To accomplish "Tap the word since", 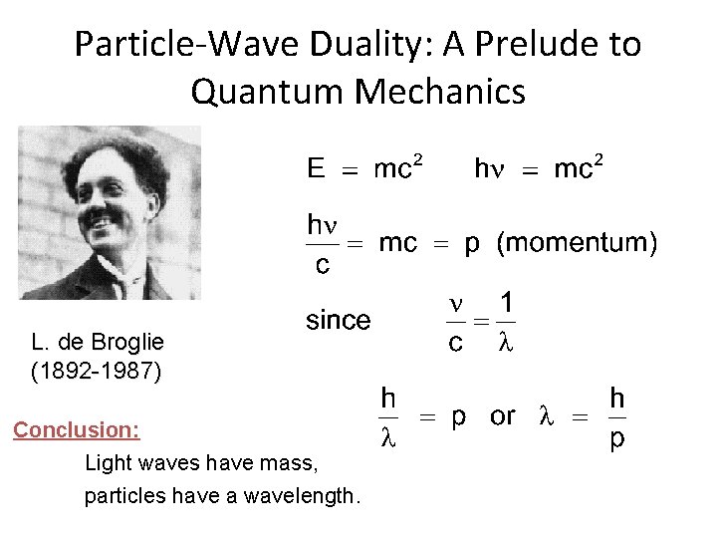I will click(x=337, y=321).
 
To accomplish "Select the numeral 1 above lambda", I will click(x=507, y=303).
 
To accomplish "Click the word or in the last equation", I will click(x=502, y=415).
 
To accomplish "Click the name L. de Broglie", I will click(x=98, y=343).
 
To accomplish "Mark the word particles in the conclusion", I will click(x=121, y=495).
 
